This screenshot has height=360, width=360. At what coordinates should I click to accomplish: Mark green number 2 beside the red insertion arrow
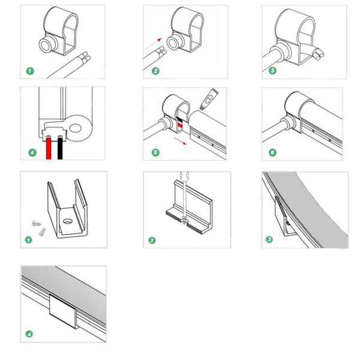(x=155, y=71)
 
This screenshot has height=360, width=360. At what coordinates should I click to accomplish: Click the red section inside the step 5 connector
(x=179, y=124)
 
